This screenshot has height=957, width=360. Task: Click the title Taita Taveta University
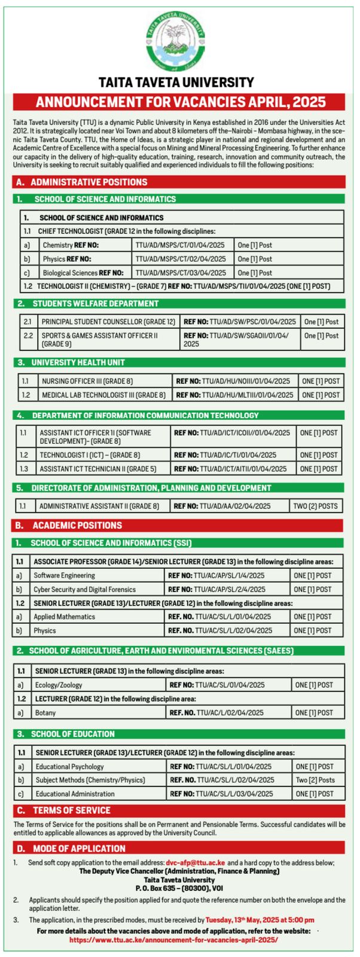[176, 83]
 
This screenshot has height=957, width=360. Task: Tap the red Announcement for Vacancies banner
[179, 101]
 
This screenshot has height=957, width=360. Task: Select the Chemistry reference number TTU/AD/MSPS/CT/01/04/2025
[180, 245]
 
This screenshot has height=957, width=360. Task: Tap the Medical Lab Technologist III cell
[103, 395]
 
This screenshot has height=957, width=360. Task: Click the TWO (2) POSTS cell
[315, 506]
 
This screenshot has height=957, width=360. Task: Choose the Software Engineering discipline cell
[64, 575]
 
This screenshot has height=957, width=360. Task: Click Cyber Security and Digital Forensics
[84, 589]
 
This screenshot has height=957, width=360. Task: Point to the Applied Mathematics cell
[64, 617]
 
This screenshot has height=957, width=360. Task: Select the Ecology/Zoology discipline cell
[59, 685]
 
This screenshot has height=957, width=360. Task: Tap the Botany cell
[45, 712]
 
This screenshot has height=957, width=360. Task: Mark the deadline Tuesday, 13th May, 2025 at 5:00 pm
[260, 920]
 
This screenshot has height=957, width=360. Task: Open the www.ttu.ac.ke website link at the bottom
[173, 940]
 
